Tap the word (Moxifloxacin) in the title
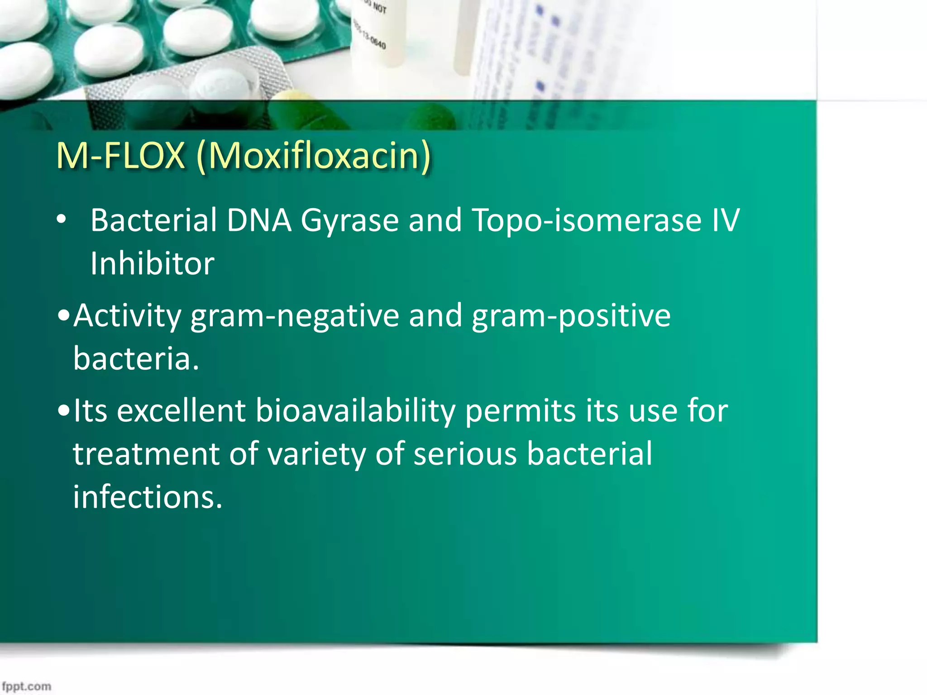click(x=314, y=157)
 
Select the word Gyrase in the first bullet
click(x=349, y=221)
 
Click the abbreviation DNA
click(x=259, y=220)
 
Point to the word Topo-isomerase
click(x=586, y=221)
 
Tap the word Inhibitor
click(x=152, y=264)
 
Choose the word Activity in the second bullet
click(x=127, y=316)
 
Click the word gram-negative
click(x=295, y=316)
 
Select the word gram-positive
click(x=571, y=316)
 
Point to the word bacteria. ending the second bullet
click(x=136, y=359)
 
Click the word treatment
click(x=146, y=454)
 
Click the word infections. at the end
click(x=148, y=497)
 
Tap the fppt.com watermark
click(x=26, y=686)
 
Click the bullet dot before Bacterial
click(x=61, y=220)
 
